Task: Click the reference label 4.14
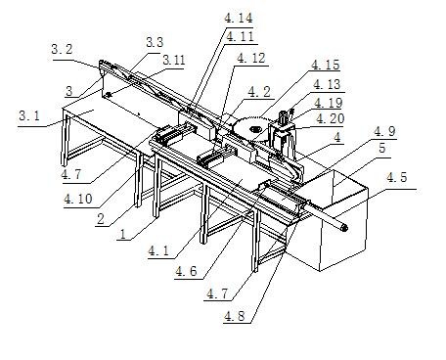(239, 18)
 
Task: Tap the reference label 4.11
(240, 36)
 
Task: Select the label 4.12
(251, 58)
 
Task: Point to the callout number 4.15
(326, 65)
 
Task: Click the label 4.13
(327, 84)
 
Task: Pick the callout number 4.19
(329, 103)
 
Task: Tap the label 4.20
(331, 118)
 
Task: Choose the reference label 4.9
(384, 131)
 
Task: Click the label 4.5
(396, 178)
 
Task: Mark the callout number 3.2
(62, 50)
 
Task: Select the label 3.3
(155, 42)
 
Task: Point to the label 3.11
(174, 60)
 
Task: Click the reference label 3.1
(29, 115)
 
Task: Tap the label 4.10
(78, 199)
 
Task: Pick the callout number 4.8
(235, 316)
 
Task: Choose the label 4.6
(186, 271)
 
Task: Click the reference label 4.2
(259, 92)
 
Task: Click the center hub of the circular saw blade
(253, 129)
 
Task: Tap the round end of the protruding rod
(343, 227)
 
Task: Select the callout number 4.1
(158, 250)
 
